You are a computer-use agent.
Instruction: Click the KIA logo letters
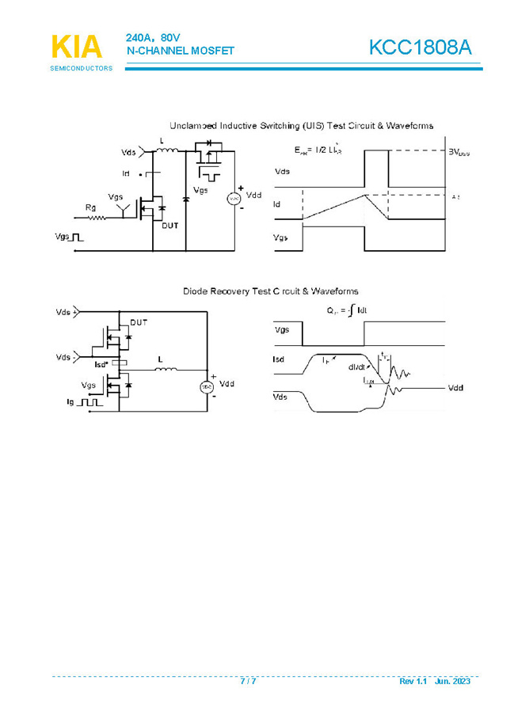click(76, 48)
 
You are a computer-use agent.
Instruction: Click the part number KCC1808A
click(420, 48)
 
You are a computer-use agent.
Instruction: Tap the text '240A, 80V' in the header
click(150, 38)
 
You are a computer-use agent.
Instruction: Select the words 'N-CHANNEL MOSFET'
click(181, 51)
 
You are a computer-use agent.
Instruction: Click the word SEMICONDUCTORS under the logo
click(81, 68)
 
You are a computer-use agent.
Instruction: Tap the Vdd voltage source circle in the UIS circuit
click(234, 198)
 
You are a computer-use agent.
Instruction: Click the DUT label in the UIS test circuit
click(170, 226)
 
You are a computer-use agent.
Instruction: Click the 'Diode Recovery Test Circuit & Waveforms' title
click(270, 291)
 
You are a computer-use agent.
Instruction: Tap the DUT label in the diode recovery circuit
click(139, 322)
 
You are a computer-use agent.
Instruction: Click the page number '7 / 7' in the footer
click(248, 682)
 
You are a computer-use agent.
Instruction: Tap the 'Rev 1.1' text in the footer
click(413, 682)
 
